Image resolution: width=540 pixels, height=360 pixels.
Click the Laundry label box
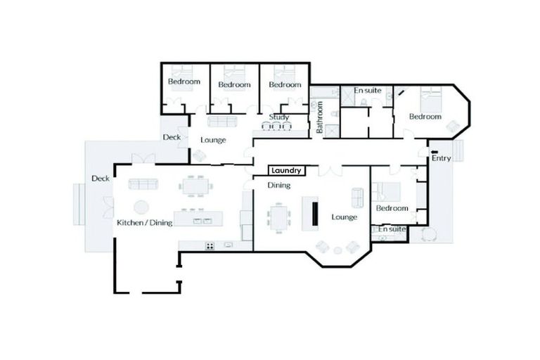click(286, 170)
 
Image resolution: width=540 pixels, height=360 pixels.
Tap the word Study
click(280, 117)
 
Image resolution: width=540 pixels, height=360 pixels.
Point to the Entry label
click(442, 158)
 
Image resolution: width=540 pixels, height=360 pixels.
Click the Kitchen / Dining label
click(143, 223)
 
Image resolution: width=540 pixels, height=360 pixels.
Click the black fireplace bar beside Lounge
click(315, 212)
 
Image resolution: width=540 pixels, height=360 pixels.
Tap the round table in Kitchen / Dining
click(141, 207)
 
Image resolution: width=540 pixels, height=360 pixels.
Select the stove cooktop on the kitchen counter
click(210, 245)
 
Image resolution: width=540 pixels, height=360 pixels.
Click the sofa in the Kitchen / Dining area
click(143, 184)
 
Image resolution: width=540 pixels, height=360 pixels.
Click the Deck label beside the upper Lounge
click(172, 137)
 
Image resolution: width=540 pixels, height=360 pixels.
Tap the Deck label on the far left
click(100, 179)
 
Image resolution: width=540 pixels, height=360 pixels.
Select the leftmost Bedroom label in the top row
click(184, 82)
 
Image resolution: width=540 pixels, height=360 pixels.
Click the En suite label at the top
click(368, 91)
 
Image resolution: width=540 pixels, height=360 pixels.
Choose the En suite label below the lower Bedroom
click(392, 229)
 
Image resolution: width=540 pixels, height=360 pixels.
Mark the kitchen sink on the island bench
click(202, 221)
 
